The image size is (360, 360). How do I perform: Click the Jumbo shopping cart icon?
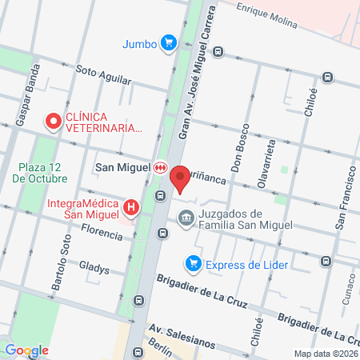click(x=167, y=42)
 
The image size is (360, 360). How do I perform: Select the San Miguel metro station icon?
click(x=161, y=167)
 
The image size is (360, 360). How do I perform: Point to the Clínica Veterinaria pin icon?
click(x=54, y=122)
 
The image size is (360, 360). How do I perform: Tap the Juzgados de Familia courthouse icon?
click(x=186, y=217)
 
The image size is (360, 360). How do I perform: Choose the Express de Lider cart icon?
click(x=193, y=262)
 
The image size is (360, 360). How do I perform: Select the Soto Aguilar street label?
click(x=102, y=72)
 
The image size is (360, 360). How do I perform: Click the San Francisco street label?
click(x=344, y=201)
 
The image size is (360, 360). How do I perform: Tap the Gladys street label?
click(x=94, y=268)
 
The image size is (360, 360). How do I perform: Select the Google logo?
click(x=26, y=350)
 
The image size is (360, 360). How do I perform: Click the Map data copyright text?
click(x=325, y=354)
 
